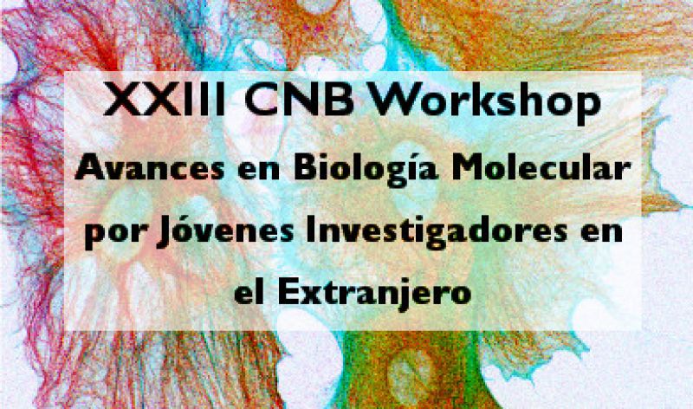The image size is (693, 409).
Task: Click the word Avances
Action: point(149,168)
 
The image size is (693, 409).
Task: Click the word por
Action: point(114,234)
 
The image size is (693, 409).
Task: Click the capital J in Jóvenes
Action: point(164,235)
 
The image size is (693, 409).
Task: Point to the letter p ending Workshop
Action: point(588,108)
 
